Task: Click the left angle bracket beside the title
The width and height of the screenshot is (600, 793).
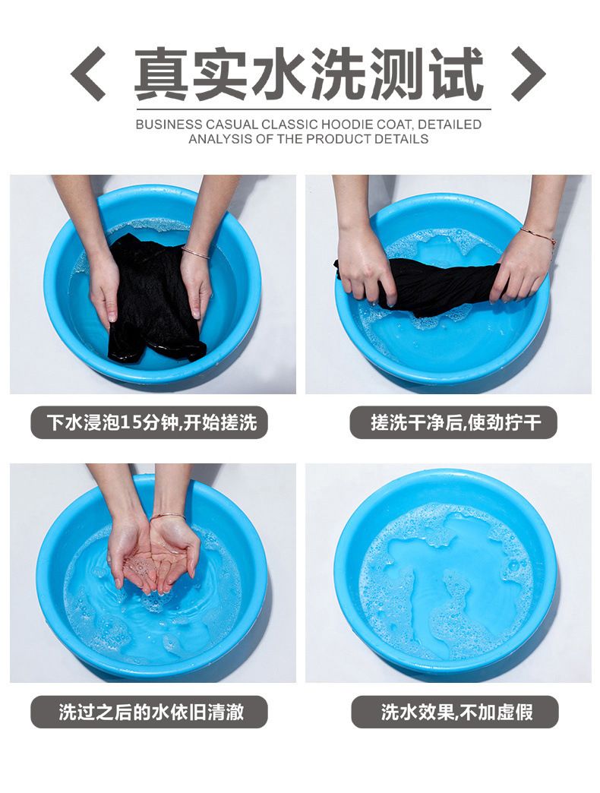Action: click(x=87, y=74)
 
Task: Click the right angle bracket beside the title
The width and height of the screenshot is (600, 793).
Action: click(x=528, y=74)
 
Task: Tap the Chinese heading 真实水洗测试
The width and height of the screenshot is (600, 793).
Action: click(x=308, y=74)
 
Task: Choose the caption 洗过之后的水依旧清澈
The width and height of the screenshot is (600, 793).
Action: click(x=151, y=712)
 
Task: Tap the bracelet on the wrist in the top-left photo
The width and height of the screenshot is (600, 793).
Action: click(x=196, y=252)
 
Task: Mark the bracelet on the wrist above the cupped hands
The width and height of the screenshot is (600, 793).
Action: click(x=167, y=517)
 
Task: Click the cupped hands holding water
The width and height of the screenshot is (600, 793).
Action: click(x=153, y=556)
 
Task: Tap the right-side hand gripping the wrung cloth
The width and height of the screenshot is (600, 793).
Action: click(x=519, y=273)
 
